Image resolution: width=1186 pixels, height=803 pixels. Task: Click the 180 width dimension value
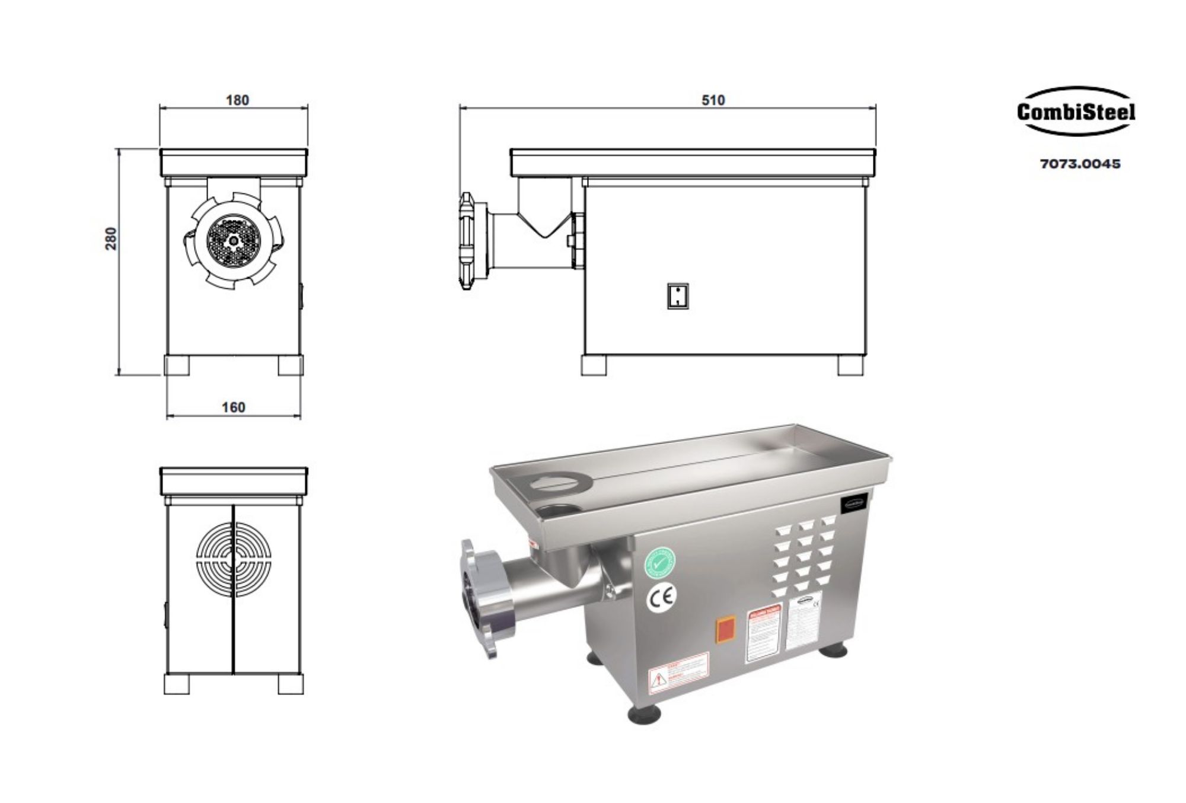(x=237, y=100)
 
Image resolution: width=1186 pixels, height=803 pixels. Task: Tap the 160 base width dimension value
(x=233, y=407)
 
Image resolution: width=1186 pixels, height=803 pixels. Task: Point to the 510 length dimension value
(x=713, y=100)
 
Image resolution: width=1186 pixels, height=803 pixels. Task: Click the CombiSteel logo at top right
(x=1076, y=111)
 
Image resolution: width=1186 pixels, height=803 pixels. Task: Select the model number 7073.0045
(x=1080, y=164)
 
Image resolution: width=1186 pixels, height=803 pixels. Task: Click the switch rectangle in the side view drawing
(x=678, y=295)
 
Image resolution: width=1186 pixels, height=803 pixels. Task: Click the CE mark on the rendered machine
(x=661, y=600)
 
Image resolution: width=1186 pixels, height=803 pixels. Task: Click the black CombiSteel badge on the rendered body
(x=855, y=502)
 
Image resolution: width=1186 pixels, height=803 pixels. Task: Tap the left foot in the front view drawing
(x=177, y=365)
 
